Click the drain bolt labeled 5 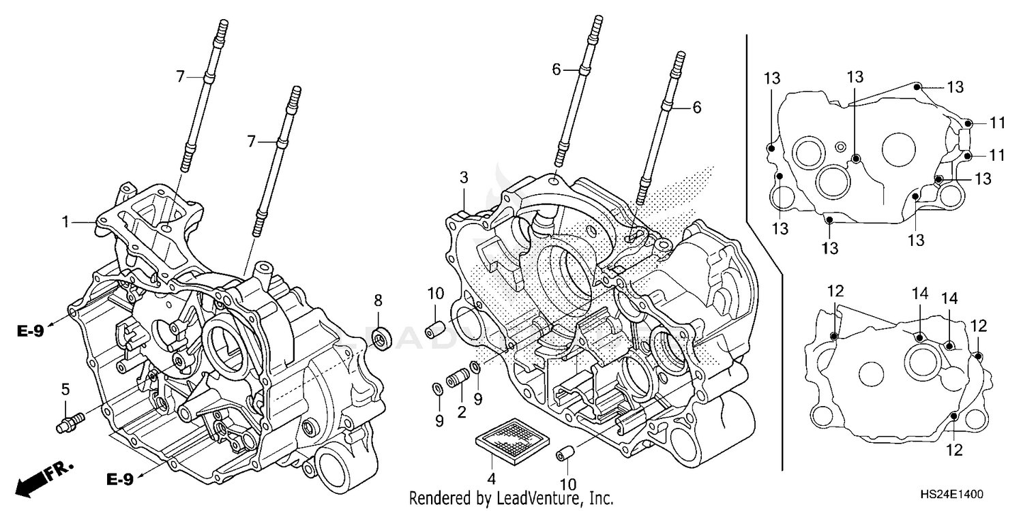[x=68, y=420]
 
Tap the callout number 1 [x=65, y=221]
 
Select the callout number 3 [x=464, y=179]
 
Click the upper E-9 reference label [x=31, y=332]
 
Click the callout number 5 [x=65, y=390]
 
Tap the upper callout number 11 [x=998, y=123]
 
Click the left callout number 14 [x=921, y=294]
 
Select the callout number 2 [x=461, y=412]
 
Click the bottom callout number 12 [x=954, y=450]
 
